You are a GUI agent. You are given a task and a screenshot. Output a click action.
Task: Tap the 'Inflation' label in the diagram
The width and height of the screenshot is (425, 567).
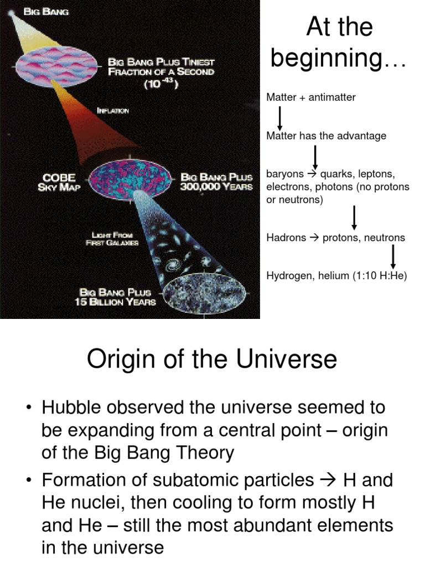pos(112,111)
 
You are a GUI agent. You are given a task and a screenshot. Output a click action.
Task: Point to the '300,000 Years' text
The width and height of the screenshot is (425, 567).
pos(216,187)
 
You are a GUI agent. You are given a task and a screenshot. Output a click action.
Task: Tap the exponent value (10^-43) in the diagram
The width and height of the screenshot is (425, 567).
pos(160,84)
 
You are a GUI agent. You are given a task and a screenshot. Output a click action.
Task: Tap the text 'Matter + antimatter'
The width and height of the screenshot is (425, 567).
pos(311,97)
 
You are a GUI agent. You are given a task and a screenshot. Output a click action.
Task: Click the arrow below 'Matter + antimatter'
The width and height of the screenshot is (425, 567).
pos(280,118)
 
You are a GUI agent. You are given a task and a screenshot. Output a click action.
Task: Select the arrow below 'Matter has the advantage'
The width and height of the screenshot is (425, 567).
pos(315,157)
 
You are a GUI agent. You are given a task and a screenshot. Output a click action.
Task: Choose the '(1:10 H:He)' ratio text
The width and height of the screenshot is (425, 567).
pos(379,275)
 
